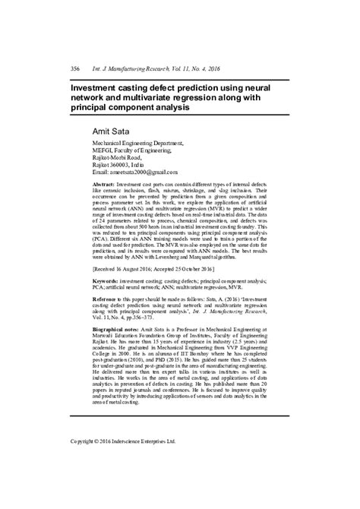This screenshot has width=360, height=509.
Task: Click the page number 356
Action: click(x=75, y=68)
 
